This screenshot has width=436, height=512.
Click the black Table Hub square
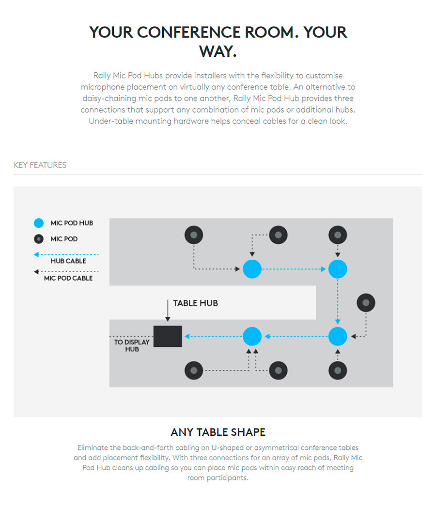(x=168, y=336)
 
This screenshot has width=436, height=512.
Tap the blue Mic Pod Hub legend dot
(x=39, y=223)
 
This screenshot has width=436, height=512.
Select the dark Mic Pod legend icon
(x=39, y=239)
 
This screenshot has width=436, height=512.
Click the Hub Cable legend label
(x=68, y=261)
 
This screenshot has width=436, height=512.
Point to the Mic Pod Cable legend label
(x=68, y=278)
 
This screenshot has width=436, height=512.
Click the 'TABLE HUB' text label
(x=196, y=303)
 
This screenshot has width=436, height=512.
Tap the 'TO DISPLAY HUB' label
(x=132, y=346)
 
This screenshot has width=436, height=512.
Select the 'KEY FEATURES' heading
(x=40, y=165)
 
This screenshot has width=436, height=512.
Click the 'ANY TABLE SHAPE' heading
(x=218, y=432)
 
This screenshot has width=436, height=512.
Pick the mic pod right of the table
(x=366, y=303)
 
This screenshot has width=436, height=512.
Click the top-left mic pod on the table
(x=194, y=235)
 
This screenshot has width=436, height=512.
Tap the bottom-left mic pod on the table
(x=194, y=370)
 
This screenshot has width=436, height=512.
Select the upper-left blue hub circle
(x=252, y=269)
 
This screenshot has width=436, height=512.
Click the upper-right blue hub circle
(x=338, y=269)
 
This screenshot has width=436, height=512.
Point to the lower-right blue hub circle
(x=338, y=336)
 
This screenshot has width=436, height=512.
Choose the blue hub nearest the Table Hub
(x=252, y=336)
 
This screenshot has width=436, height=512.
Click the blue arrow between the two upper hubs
(x=294, y=269)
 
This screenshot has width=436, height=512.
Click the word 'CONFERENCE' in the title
(x=188, y=33)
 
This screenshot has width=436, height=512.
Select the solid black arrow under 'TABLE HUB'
(x=168, y=311)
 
